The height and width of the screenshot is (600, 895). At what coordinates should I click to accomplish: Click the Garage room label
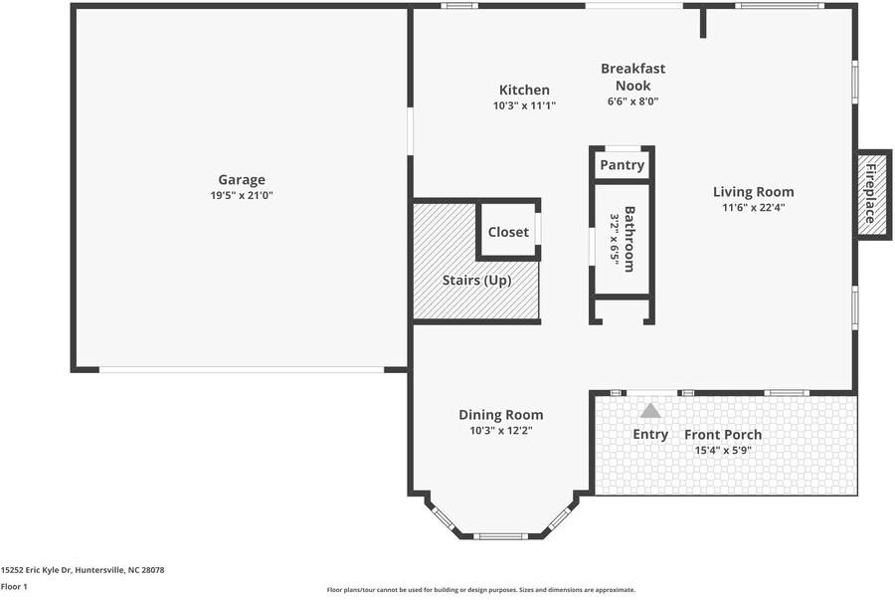coord(242,180)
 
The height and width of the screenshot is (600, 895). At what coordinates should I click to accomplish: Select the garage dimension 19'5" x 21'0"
coord(242,196)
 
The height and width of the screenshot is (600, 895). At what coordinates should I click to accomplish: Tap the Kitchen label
coord(524,91)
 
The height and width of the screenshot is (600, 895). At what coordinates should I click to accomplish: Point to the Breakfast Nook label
coord(632,77)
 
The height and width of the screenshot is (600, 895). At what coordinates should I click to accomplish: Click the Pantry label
coord(623,165)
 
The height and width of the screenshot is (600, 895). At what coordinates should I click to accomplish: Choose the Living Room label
coord(754,192)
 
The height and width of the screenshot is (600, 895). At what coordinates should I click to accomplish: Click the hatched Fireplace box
coord(872,194)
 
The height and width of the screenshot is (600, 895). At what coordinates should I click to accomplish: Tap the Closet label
coord(508,232)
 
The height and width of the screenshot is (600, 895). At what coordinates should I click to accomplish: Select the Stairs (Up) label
coord(476,281)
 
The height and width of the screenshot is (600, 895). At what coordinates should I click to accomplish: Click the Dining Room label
coord(501,415)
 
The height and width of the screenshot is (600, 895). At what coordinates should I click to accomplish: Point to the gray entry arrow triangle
coord(650,410)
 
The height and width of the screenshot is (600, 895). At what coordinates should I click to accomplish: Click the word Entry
coord(650,435)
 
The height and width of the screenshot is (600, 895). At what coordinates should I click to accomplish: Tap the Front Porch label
coord(723,435)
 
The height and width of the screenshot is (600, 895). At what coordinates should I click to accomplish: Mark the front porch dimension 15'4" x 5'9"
coord(723,451)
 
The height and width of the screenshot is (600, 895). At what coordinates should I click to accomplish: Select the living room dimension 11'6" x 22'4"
coord(754,208)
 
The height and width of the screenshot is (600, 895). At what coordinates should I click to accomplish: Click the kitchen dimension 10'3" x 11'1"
coord(524,105)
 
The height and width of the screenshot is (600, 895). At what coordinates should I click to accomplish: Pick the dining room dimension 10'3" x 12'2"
coord(501,431)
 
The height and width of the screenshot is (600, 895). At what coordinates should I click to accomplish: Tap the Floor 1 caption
coord(14,587)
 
